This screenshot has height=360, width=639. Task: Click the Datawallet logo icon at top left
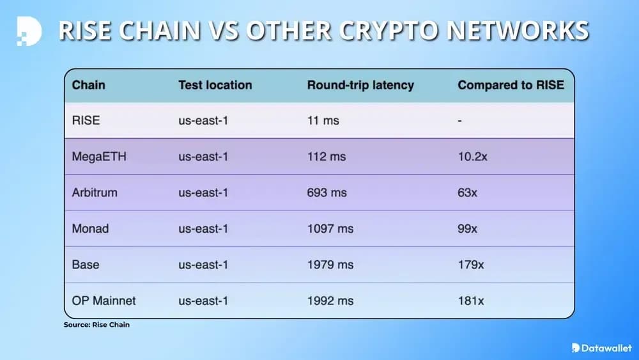tap(29, 31)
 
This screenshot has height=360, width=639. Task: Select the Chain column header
tap(89, 85)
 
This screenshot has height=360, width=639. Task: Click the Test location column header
tap(215, 85)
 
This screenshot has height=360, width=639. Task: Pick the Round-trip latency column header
tap(360, 85)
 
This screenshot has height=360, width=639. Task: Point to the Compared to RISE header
tap(511, 85)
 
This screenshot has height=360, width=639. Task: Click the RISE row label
tap(86, 120)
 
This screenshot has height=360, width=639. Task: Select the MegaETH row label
tap(99, 157)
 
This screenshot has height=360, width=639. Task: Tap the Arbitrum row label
tap(95, 192)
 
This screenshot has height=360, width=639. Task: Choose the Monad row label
tap(90, 228)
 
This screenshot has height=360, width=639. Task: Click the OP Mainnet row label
tap(104, 300)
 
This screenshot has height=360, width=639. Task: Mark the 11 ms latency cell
tap(323, 120)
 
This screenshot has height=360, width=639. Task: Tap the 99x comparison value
tap(467, 228)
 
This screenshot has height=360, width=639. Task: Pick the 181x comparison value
tap(470, 300)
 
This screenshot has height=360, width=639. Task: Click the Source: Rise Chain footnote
tap(96, 325)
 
